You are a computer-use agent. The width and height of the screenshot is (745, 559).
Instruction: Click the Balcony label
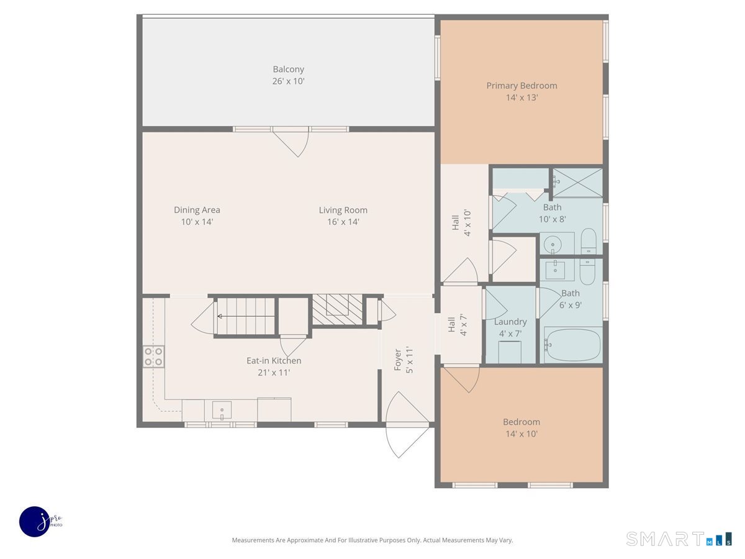(288, 69)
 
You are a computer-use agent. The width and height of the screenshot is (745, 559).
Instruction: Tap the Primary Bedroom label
(521, 86)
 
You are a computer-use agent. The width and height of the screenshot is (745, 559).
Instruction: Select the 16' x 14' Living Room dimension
(343, 222)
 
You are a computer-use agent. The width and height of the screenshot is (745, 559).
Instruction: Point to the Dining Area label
(197, 210)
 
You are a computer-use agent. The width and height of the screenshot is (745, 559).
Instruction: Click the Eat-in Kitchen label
(274, 360)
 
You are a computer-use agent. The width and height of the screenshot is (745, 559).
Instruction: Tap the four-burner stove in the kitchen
(153, 357)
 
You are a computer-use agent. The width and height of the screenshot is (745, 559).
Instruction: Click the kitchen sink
(222, 411)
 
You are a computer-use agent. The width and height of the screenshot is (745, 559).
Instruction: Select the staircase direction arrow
(246, 316)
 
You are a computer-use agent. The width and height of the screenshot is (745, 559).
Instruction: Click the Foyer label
(397, 360)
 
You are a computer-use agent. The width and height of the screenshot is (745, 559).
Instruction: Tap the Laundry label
(510, 322)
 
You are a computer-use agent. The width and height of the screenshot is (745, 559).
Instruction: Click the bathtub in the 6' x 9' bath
(572, 345)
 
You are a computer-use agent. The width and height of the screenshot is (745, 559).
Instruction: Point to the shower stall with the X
(577, 183)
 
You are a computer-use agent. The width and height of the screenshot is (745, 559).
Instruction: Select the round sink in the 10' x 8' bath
(553, 244)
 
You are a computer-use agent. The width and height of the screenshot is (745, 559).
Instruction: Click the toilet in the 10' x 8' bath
(589, 241)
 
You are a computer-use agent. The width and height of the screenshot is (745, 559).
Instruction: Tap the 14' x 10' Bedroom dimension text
(521, 434)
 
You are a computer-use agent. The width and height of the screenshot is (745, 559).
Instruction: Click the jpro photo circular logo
(35, 522)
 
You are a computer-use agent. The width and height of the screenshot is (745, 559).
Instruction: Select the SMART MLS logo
(679, 539)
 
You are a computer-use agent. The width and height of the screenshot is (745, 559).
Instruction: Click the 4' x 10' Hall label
(462, 222)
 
